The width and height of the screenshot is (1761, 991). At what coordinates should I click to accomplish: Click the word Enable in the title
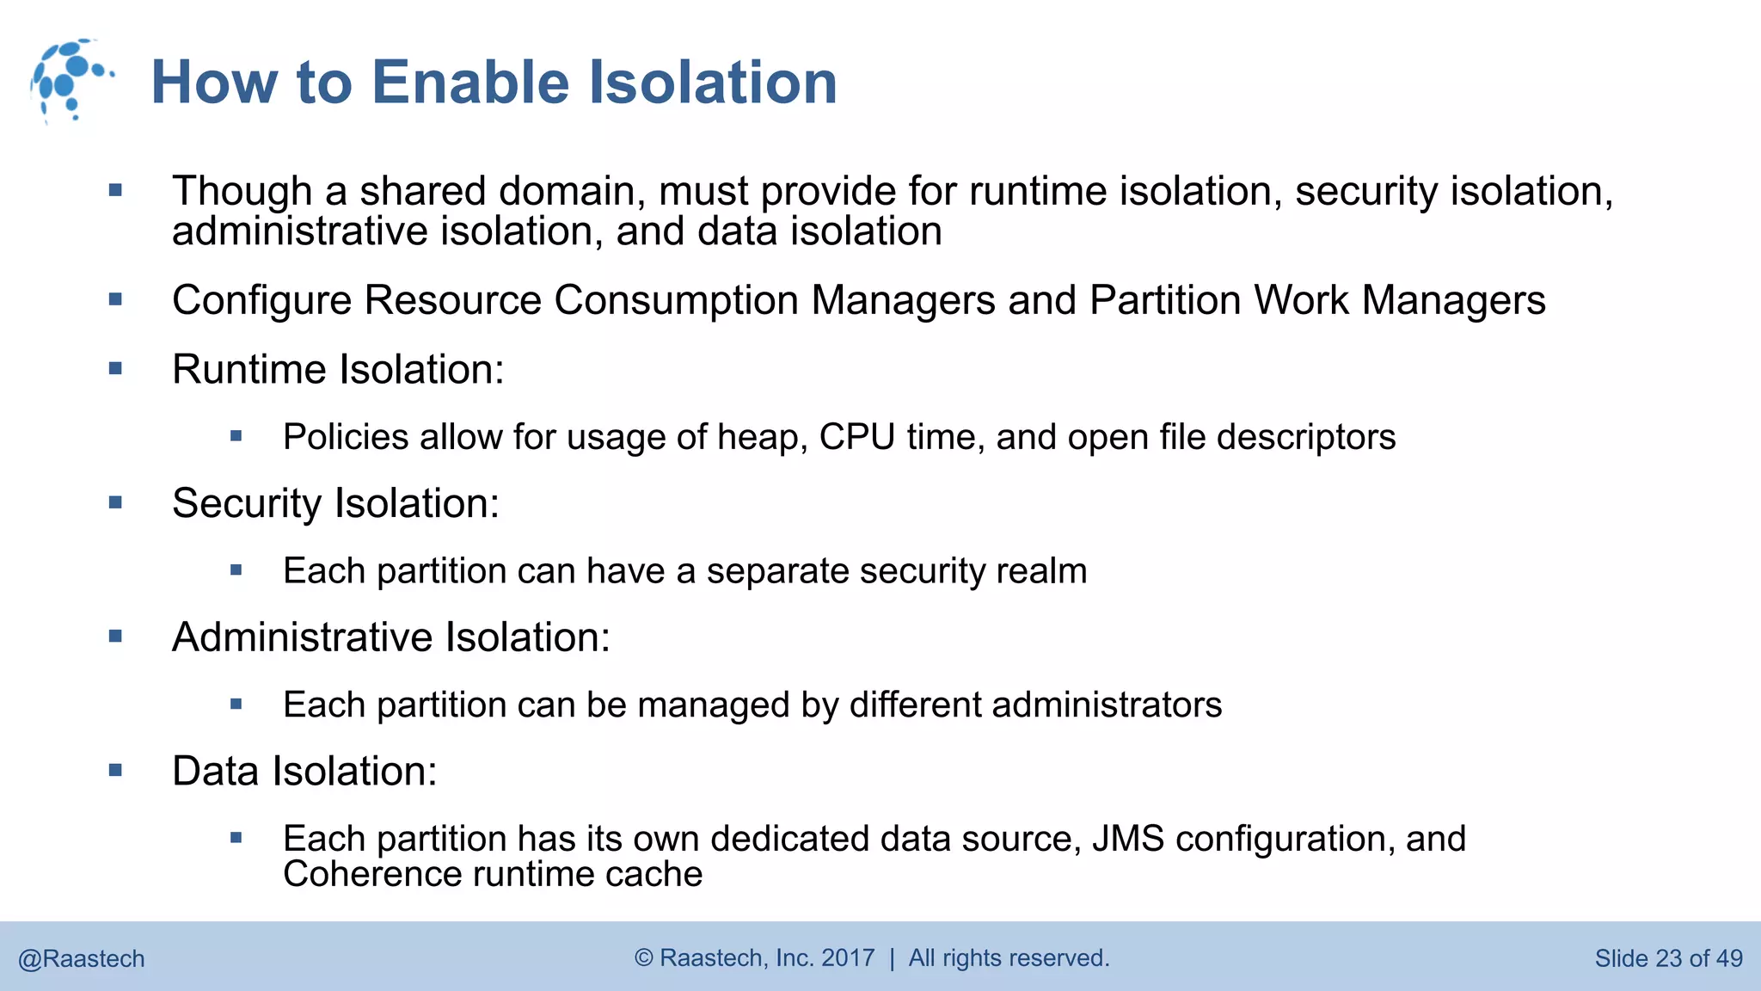470,83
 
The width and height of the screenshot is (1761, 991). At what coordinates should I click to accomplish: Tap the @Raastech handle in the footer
82,958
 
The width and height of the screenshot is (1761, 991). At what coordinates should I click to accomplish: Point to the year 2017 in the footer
848,957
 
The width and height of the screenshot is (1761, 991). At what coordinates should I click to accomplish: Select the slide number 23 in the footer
1668,958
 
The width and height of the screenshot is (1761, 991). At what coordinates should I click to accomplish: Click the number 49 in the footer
1728,958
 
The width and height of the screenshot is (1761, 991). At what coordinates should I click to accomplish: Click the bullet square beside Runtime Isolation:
116,369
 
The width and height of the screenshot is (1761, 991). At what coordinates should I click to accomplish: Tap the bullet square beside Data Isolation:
116,771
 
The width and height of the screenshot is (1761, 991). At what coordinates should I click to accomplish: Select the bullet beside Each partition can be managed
236,705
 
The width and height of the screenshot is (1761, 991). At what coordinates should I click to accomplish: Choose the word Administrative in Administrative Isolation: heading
302,637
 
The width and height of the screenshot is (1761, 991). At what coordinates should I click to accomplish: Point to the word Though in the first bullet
242,191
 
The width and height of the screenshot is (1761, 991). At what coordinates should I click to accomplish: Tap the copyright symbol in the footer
644,957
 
